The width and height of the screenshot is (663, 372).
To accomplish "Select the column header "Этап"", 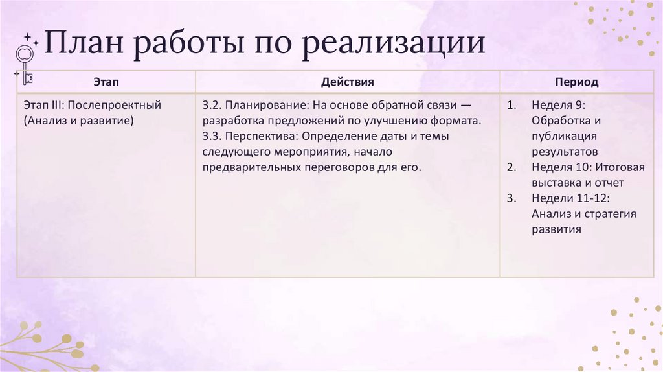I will (106, 82).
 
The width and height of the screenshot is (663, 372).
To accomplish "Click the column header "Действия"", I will (347, 82).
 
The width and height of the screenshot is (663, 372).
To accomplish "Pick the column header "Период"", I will (576, 82).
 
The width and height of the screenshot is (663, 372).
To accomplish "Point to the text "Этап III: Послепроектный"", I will (92, 105).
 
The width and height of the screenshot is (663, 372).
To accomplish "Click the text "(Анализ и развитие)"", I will (78, 121).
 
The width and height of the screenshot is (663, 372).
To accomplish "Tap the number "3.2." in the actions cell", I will (212, 105).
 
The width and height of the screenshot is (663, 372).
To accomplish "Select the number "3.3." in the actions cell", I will (212, 136).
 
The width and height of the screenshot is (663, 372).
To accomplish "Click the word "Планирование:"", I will (264, 105).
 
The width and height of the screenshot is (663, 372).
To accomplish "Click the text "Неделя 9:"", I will (558, 105).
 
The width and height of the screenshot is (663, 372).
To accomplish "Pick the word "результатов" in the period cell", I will (565, 152).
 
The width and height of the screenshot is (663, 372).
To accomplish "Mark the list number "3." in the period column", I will (511, 198).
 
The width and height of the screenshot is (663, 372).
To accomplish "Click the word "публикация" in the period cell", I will (564, 136).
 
